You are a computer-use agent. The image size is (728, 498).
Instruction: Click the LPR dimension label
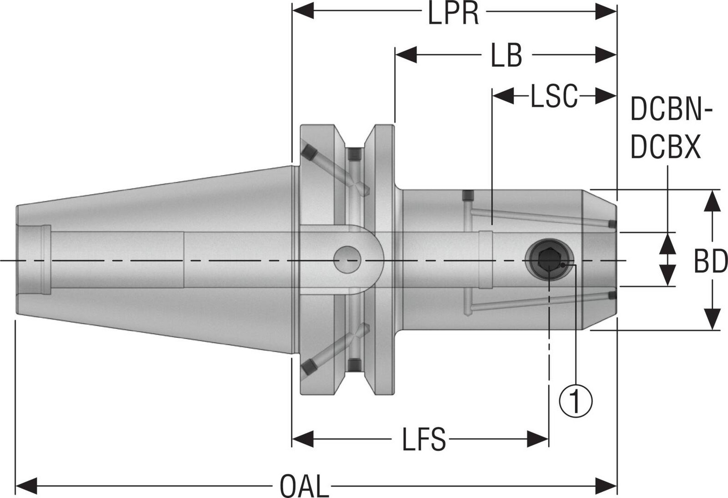tap(453, 13)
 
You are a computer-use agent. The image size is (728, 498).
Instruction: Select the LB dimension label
tap(506, 56)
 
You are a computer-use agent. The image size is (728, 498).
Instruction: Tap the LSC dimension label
tap(554, 96)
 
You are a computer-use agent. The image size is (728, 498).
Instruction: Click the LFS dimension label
tap(423, 439)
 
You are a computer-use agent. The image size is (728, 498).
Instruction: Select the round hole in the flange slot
tap(348, 260)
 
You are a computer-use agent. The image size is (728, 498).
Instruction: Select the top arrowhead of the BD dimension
tap(713, 201)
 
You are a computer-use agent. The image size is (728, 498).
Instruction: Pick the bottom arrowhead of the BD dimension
tap(713, 319)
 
